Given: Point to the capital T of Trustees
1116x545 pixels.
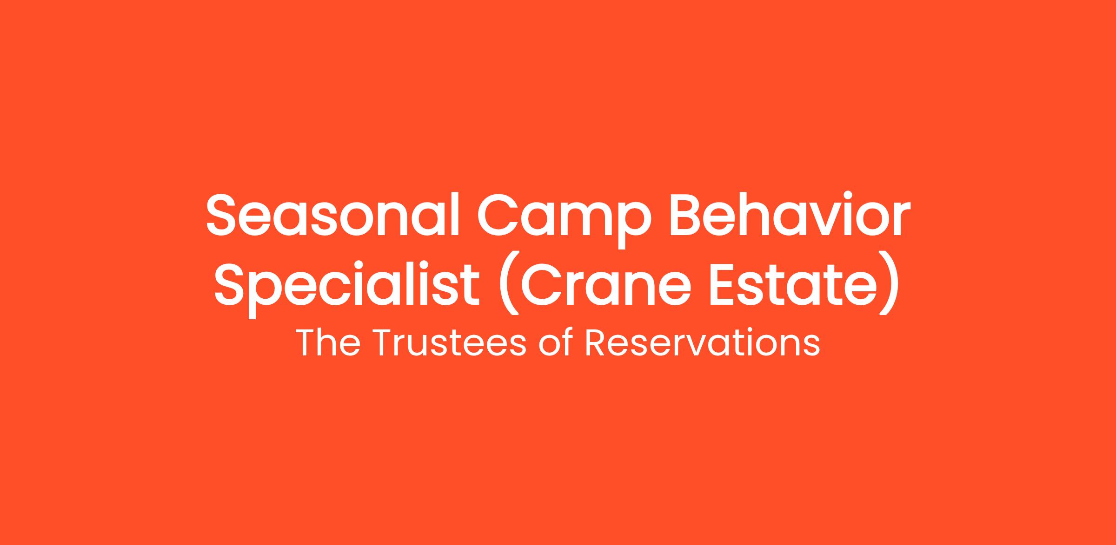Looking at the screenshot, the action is point(385,344).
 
